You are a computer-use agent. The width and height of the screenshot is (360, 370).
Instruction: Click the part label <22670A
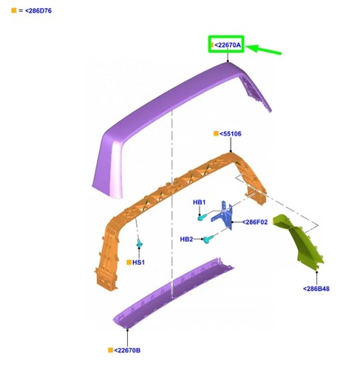point(228,45)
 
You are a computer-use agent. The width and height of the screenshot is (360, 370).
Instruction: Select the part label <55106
point(231,134)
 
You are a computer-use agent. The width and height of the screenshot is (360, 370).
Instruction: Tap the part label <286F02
point(255,222)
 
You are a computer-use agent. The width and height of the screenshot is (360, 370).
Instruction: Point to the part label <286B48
point(316,289)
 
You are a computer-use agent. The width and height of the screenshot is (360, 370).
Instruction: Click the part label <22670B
point(127,350)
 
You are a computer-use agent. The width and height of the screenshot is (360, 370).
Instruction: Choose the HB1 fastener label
point(199,202)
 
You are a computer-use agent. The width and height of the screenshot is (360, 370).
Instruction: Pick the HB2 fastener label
point(186,239)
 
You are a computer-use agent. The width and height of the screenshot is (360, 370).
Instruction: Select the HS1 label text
point(138,262)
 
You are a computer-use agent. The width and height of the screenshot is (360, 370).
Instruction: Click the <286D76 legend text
point(38,10)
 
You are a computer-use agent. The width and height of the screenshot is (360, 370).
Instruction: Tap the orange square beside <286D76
point(14,10)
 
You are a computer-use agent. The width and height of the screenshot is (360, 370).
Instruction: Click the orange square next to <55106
point(216,133)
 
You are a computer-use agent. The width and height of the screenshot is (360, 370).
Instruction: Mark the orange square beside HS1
point(129,262)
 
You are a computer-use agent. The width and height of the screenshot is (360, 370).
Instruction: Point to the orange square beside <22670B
point(111,350)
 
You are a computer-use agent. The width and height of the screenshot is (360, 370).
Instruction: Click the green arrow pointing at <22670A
point(263,49)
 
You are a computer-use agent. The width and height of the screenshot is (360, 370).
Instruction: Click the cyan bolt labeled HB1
point(203,218)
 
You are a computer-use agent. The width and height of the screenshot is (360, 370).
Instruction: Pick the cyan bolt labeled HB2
point(208,239)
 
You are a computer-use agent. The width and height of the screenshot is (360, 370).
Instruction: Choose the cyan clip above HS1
point(140,243)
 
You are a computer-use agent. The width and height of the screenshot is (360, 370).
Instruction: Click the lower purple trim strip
point(172,295)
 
